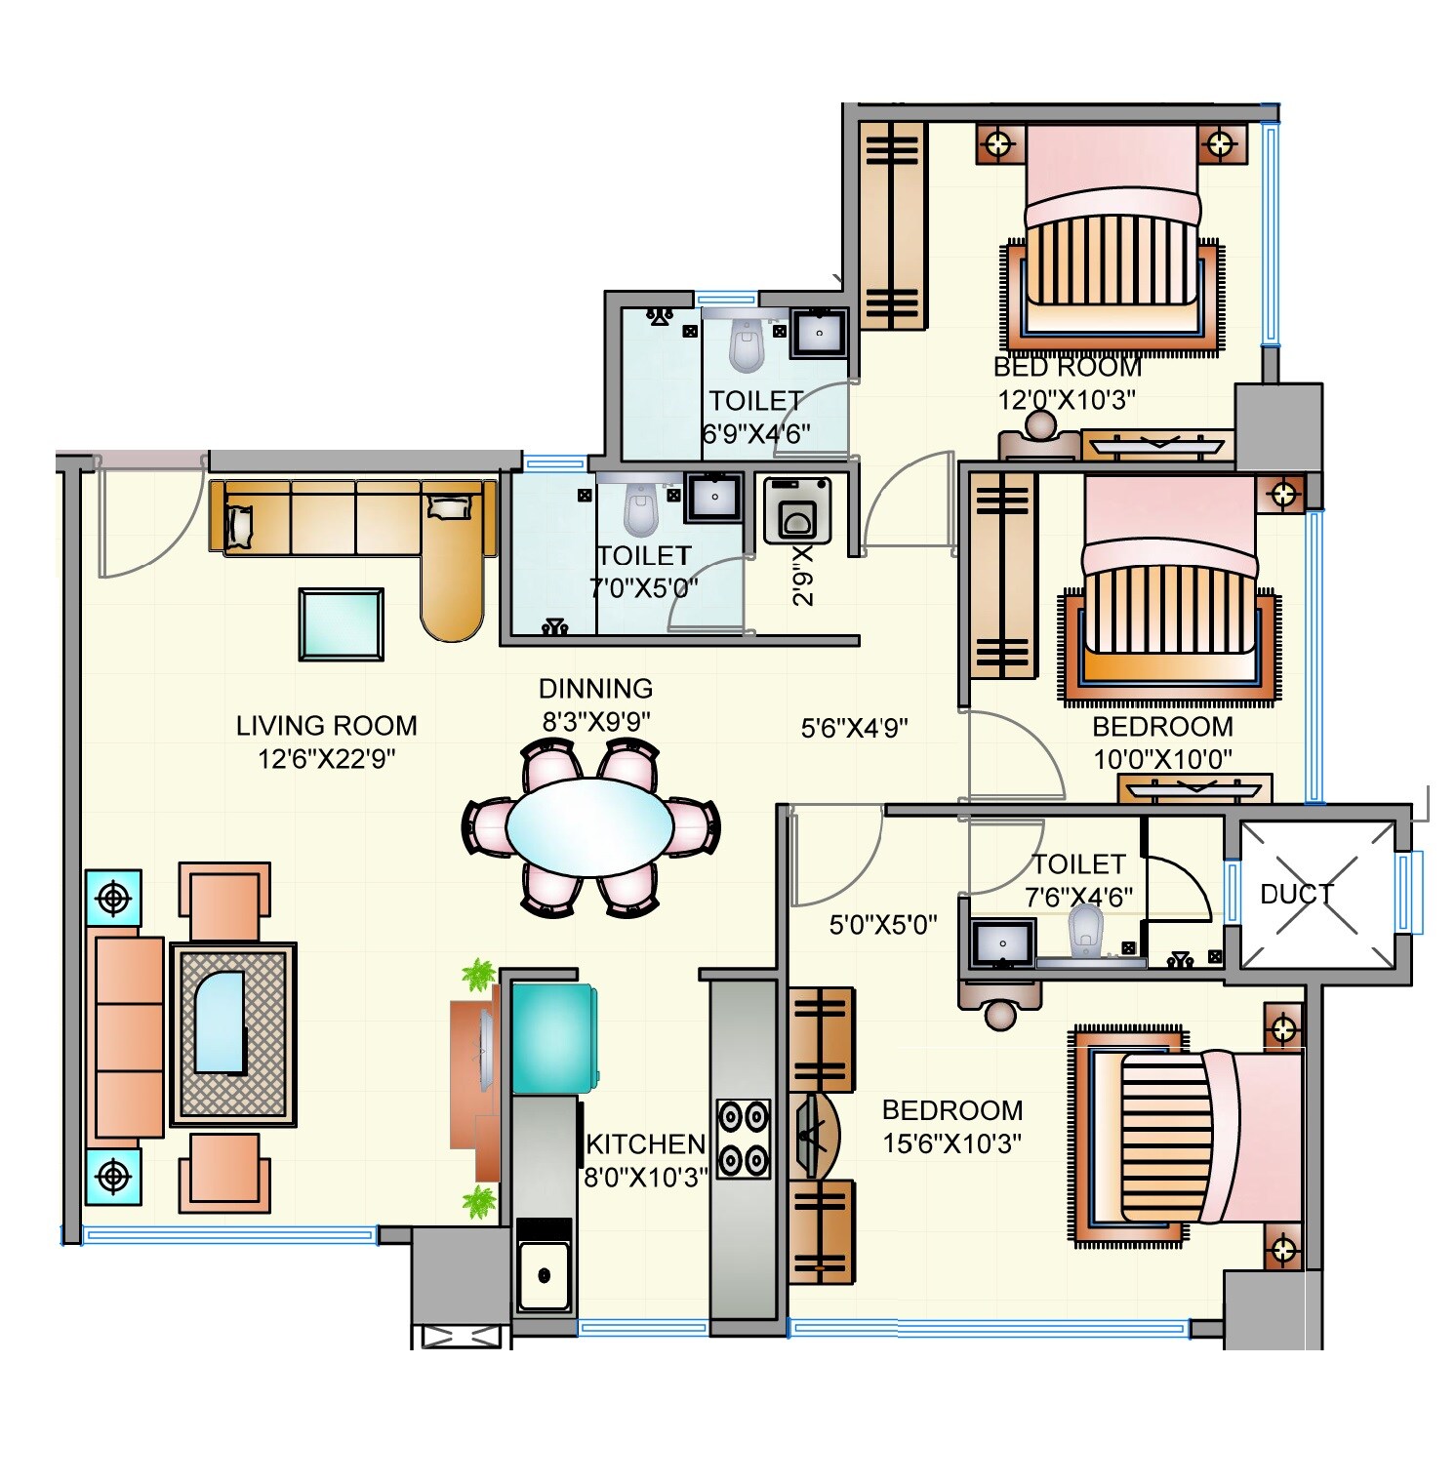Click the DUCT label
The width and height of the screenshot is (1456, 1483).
[1295, 893]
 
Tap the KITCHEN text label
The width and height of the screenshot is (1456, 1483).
[645, 1143]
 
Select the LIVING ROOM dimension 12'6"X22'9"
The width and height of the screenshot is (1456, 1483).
[326, 758]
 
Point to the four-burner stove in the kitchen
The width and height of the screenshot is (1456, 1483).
[744, 1138]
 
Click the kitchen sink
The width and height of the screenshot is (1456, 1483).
[544, 1274]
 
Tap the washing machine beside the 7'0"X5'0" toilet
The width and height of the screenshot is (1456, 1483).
[797, 509]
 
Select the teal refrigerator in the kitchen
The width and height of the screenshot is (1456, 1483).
[552, 1038]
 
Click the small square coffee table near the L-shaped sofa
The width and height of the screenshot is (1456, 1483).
[341, 623]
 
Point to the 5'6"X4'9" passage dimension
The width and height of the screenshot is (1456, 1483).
[854, 727]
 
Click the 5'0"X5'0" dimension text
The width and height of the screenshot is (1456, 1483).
[883, 924]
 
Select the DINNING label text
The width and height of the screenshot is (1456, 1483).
[595, 688]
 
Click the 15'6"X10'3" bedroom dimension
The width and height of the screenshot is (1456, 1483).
[951, 1143]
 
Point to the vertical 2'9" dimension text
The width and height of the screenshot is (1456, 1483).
[803, 576]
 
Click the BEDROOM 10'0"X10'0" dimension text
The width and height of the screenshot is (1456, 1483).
[1161, 759]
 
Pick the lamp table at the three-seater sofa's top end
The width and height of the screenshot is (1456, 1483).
[114, 897]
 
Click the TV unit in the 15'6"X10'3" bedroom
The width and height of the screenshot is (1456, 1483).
[816, 1136]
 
